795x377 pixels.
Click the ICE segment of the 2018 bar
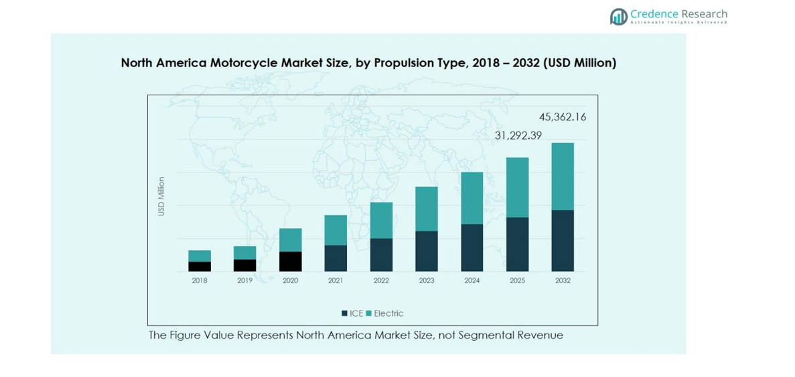[x=200, y=266]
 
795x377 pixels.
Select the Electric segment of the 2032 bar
[x=563, y=176]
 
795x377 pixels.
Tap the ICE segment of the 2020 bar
[x=290, y=262]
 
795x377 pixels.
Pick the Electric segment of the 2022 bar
[x=381, y=220]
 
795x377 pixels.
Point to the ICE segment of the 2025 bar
[x=517, y=244]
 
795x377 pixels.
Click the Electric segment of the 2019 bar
[x=244, y=253]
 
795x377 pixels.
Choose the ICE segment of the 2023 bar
[x=427, y=251]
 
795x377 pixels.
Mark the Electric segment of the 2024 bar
[x=472, y=198]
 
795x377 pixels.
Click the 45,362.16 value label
[x=563, y=117]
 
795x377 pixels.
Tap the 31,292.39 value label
[x=518, y=136]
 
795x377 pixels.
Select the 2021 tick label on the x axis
[x=336, y=280]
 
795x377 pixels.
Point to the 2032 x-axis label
[x=563, y=280]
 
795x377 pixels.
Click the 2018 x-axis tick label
[x=200, y=280]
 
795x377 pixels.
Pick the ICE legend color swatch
[x=344, y=313]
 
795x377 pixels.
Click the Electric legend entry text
[x=388, y=313]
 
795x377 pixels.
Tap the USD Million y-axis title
[x=161, y=197]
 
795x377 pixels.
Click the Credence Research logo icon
[x=618, y=16]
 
